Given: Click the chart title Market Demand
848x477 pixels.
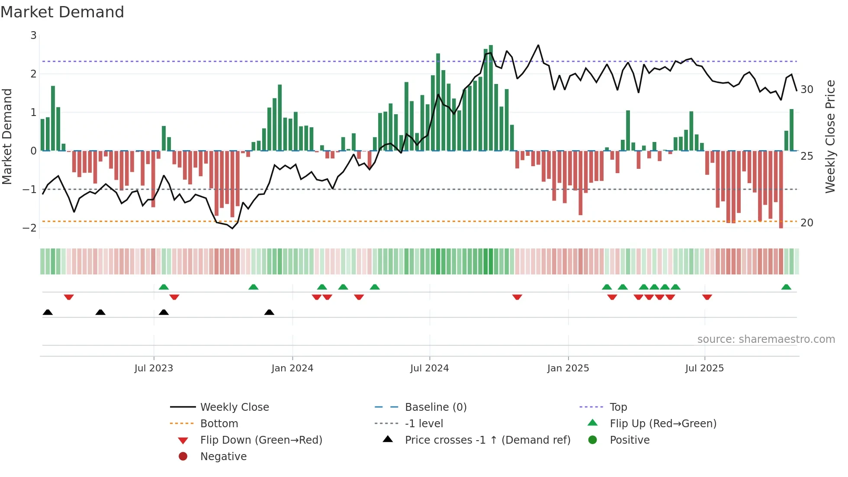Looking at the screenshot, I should click(62, 12).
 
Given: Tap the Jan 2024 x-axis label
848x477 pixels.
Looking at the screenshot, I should click(292, 368).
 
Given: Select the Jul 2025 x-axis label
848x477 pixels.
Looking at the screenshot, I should click(704, 368).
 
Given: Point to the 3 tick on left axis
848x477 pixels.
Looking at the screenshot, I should click(33, 35).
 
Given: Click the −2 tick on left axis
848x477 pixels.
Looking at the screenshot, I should click(30, 228).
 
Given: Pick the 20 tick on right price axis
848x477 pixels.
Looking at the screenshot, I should click(806, 223).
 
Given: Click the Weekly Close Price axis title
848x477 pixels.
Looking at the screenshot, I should click(830, 136).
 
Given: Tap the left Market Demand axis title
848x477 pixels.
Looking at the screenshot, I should click(7, 136).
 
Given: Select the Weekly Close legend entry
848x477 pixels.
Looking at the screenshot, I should click(234, 407).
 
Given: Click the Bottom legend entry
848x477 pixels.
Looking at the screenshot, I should click(219, 424).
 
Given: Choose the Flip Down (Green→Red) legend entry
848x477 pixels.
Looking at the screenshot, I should click(261, 440).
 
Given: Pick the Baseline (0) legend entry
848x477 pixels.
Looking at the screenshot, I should click(435, 407).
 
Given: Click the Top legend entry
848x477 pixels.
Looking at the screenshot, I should click(618, 407).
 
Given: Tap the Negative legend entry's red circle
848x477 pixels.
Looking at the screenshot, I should click(183, 457).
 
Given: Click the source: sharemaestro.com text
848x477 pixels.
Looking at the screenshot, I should click(766, 339).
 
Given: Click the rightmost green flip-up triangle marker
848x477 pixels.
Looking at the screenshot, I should click(786, 287).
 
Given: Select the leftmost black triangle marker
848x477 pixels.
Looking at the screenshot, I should click(48, 313).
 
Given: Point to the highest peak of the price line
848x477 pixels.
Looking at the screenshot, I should click(538, 45).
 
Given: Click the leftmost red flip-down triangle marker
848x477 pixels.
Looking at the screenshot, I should click(69, 297).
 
